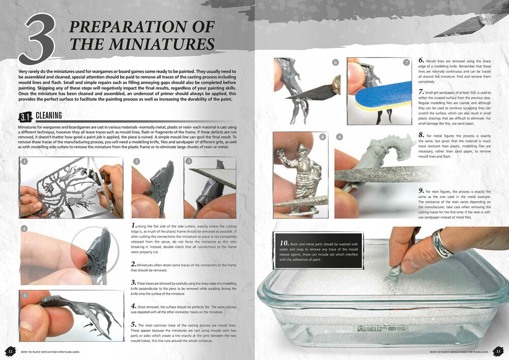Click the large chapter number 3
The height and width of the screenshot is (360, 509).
coord(37,39)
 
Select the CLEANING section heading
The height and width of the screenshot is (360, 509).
coord(49,116)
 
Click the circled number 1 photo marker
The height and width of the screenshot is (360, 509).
coord(24,161)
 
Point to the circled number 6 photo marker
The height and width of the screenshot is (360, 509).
coord(335,62)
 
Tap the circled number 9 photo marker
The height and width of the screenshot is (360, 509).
coord(339,137)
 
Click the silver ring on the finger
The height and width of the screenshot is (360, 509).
coord(441,241)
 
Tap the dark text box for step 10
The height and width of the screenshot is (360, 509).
coord(318,251)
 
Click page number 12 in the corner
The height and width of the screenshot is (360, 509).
coord(10,351)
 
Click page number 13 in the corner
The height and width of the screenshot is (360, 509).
coord(499,351)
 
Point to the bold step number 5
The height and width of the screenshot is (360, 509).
coord(133,324)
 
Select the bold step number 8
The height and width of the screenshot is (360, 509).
coord(421,135)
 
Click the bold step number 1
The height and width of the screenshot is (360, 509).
coord(133,225)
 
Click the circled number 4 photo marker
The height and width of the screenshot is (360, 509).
coord(24,229)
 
